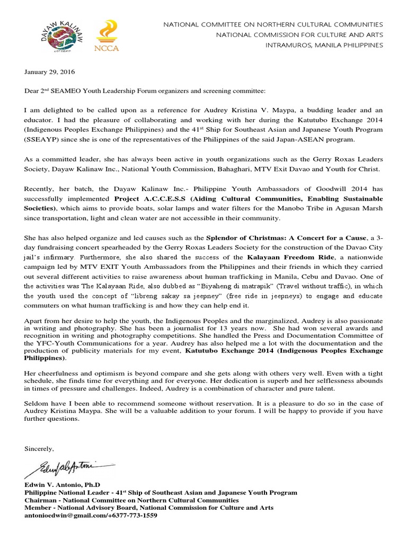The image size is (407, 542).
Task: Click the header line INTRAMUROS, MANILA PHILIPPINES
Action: (325, 45)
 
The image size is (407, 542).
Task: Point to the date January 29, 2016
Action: (48, 71)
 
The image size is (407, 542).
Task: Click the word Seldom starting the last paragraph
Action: (36, 403)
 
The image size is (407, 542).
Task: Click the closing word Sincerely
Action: (39, 449)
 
